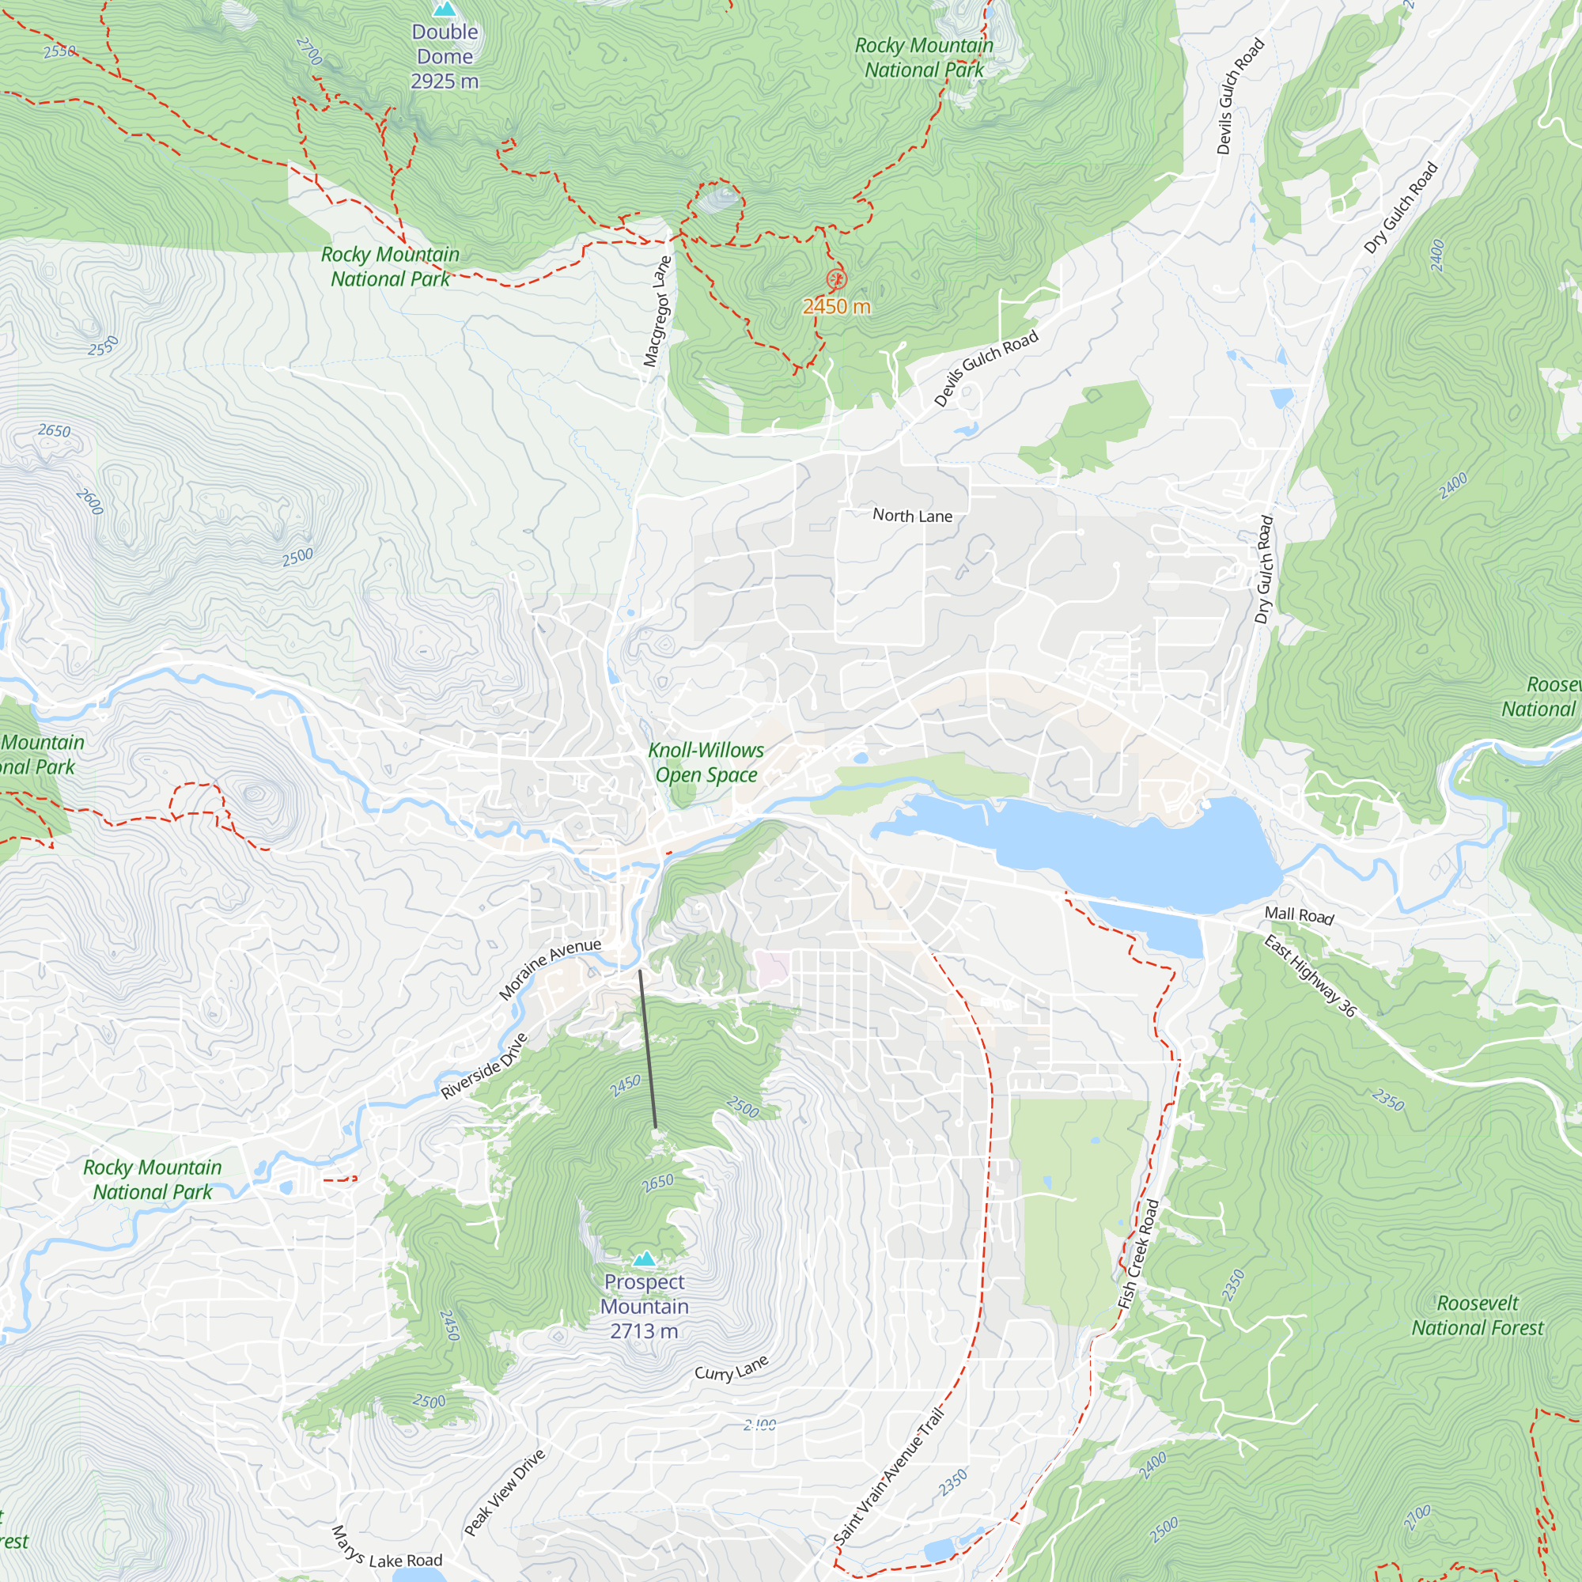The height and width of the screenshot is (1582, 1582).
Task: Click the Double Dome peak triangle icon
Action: pyautogui.click(x=445, y=9)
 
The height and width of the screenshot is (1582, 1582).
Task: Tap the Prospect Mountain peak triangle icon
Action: pyautogui.click(x=645, y=1258)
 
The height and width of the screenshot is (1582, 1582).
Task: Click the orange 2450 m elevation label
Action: pyautogui.click(x=836, y=306)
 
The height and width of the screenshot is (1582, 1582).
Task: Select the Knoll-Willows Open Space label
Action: pyautogui.click(x=706, y=763)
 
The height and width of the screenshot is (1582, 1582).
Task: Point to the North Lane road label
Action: pyautogui.click(x=912, y=516)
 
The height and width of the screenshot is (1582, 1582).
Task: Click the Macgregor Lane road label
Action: pyautogui.click(x=657, y=311)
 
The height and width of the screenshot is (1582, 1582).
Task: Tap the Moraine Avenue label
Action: pyautogui.click(x=550, y=970)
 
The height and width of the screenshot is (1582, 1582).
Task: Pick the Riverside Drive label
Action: pyautogui.click(x=484, y=1066)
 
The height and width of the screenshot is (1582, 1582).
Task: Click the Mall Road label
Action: pyautogui.click(x=1299, y=915)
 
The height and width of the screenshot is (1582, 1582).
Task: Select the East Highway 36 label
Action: pyautogui.click(x=1309, y=977)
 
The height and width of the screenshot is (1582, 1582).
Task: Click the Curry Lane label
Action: pyautogui.click(x=731, y=1368)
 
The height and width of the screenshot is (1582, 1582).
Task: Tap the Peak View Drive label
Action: pyautogui.click(x=505, y=1492)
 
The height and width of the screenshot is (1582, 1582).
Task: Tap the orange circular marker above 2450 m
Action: pyautogui.click(x=835, y=279)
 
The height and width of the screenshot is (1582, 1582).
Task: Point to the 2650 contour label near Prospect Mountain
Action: pyautogui.click(x=657, y=1183)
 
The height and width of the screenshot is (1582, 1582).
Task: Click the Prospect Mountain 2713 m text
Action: pyautogui.click(x=645, y=1306)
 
